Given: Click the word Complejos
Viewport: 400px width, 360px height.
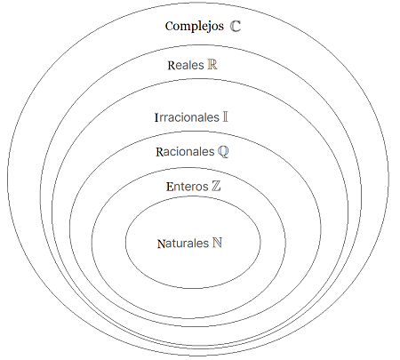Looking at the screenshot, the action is click(x=195, y=27).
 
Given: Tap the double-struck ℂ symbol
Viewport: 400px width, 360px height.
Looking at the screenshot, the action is click(x=236, y=26).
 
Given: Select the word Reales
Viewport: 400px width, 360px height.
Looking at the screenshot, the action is click(x=186, y=65).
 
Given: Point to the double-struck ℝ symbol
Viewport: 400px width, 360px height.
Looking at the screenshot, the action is click(x=212, y=65).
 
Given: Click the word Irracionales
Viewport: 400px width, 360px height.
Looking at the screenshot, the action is click(x=187, y=117).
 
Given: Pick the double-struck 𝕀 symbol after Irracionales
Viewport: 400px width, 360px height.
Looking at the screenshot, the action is click(x=225, y=116).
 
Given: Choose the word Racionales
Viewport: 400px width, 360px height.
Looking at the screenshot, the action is click(x=185, y=152).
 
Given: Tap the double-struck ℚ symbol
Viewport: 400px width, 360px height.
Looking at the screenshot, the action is click(x=223, y=152).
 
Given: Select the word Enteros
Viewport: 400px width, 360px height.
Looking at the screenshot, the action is click(x=188, y=187).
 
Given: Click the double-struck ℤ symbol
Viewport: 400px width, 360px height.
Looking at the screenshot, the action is click(x=216, y=186).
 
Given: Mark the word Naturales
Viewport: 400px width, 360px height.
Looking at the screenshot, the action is click(x=183, y=244).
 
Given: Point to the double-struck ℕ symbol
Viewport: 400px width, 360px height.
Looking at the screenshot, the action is click(x=217, y=243).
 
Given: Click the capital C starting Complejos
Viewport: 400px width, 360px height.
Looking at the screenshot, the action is click(x=170, y=26).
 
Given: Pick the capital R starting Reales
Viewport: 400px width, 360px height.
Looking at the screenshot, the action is click(x=172, y=66).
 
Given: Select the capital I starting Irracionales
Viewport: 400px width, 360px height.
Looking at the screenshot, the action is click(x=156, y=117).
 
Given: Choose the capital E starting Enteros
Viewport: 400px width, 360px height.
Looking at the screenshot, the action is click(x=170, y=187).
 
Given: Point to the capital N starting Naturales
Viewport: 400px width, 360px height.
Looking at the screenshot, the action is click(x=161, y=244).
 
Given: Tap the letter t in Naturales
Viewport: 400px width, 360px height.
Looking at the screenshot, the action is click(x=172, y=244).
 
